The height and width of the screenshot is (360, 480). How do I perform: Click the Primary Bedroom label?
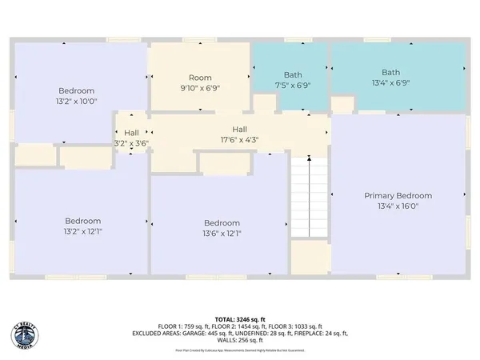pos(398,195)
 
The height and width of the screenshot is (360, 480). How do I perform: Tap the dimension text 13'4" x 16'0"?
pos(398,206)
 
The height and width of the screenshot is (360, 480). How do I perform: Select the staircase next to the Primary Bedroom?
pos(310,197)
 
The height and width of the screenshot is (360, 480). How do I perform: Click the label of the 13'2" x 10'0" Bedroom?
pos(76,90)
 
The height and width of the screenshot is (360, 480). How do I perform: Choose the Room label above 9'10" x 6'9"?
pos(200,78)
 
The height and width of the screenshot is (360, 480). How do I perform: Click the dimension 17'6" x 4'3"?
pos(239,139)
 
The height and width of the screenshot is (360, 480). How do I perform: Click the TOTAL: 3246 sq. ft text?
pos(240,318)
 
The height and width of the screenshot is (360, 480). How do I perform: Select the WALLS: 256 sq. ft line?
pos(240,341)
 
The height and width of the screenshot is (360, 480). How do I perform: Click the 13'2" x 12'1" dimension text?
pos(82,232)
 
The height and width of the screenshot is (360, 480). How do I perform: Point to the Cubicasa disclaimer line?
pos(240,349)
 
